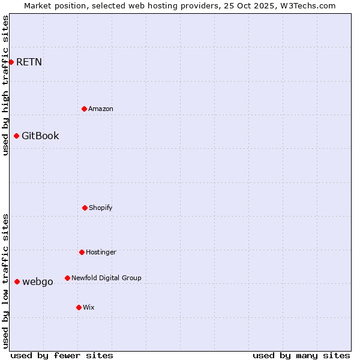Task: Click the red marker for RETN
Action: (11, 62)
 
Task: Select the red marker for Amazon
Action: (84, 109)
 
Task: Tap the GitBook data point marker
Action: (16, 136)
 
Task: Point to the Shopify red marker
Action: (85, 208)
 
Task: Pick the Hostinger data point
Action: (82, 252)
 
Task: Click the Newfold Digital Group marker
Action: (67, 278)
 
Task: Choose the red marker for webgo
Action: (17, 281)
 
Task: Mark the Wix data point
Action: (79, 307)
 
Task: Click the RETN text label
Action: (29, 62)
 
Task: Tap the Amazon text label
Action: (101, 109)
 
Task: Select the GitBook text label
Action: (40, 136)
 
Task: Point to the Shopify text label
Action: (101, 208)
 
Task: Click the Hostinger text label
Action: (101, 252)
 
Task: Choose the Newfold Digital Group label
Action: (106, 278)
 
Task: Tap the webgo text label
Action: (37, 281)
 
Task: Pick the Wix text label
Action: (89, 307)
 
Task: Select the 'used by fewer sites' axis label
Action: (62, 355)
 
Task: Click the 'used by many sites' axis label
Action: (301, 355)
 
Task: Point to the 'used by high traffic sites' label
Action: (5, 85)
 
